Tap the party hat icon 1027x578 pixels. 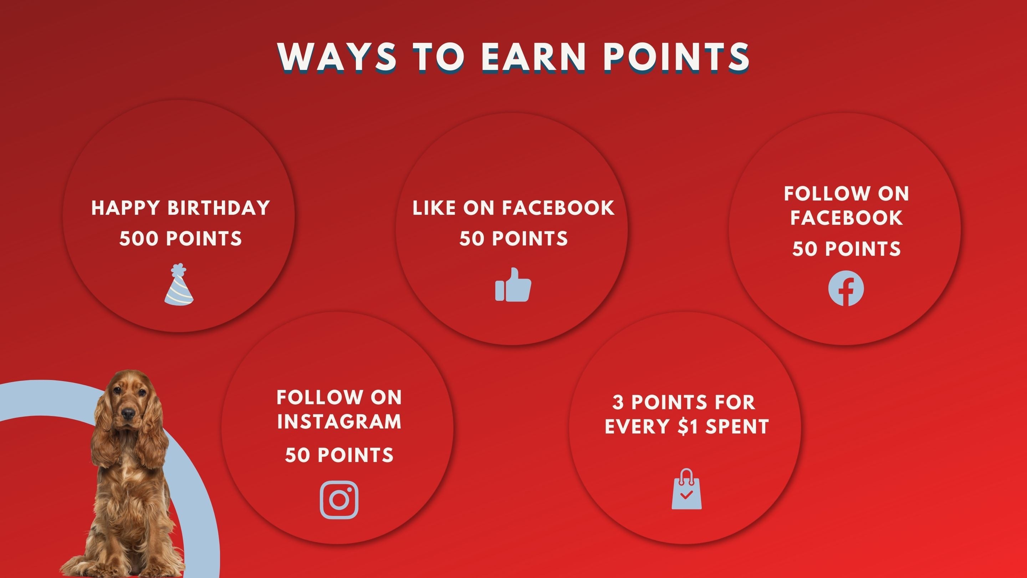[x=179, y=285]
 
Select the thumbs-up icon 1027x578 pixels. [x=513, y=285]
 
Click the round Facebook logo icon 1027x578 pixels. [x=846, y=288]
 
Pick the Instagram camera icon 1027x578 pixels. [x=339, y=500]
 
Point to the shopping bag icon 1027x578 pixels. [x=686, y=490]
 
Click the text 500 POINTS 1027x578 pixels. [x=180, y=239]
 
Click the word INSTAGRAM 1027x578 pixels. [x=339, y=422]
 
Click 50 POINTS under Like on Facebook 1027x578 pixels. [x=513, y=239]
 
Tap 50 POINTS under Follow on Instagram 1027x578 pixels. [x=339, y=455]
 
